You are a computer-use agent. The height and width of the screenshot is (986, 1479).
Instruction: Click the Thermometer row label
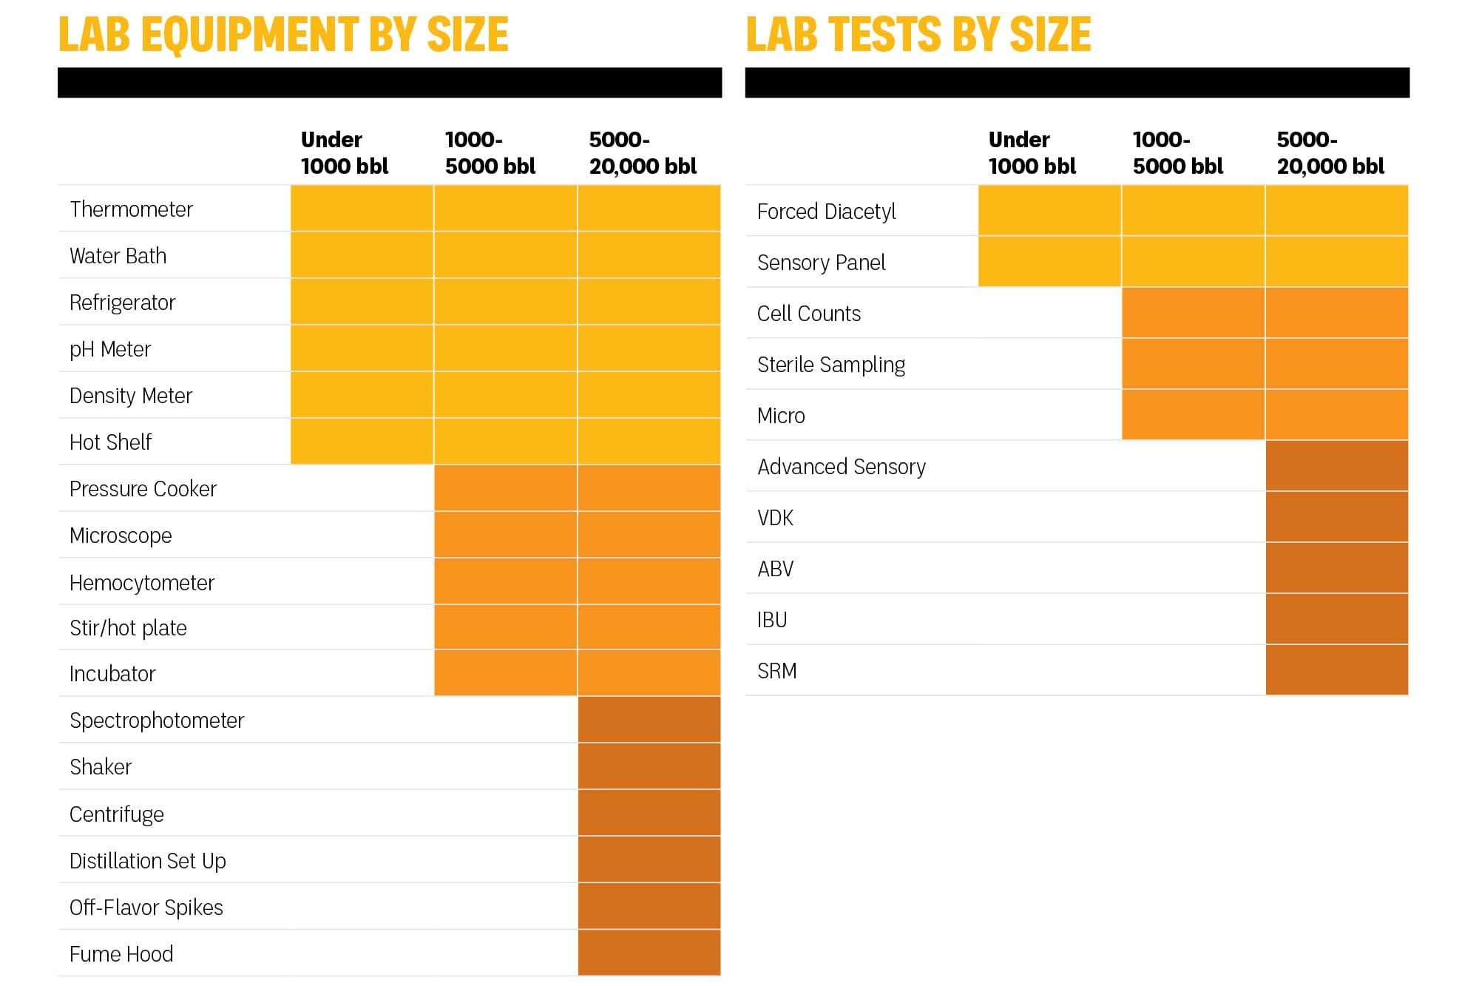[131, 209]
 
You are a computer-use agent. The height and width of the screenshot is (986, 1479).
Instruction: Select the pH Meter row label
[110, 349]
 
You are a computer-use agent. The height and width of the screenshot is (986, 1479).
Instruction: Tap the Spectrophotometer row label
[157, 720]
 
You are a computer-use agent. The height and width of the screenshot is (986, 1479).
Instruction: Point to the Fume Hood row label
[121, 954]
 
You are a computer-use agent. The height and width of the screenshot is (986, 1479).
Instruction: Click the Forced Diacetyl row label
[826, 212]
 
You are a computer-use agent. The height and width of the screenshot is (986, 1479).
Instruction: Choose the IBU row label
[772, 620]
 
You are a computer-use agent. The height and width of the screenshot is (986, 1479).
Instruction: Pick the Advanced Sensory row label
[841, 467]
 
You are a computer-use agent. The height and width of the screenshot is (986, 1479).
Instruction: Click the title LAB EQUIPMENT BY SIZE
[283, 34]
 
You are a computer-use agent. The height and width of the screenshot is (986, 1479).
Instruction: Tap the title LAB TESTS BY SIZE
[918, 34]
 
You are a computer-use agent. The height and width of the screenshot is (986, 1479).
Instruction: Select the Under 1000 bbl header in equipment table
[344, 152]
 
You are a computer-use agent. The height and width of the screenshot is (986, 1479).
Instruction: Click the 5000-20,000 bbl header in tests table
[1330, 152]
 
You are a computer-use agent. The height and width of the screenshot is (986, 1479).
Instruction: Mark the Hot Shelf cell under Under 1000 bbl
[362, 442]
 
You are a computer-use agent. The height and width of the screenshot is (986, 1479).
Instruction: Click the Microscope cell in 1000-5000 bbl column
[505, 535]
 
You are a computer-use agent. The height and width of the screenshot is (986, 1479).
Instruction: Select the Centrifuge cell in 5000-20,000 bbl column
[649, 813]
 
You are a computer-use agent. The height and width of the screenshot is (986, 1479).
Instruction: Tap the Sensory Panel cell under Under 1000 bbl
[1049, 262]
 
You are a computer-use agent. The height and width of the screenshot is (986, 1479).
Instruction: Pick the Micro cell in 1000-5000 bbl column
[1193, 415]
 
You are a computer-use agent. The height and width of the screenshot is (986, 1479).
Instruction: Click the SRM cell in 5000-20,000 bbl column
[1336, 670]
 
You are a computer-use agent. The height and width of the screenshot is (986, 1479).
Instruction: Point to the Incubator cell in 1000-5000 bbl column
[505, 673]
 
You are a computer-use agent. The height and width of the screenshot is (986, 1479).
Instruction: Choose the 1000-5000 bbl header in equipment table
[490, 152]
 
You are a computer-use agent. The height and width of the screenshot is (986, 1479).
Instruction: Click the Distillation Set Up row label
[148, 861]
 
